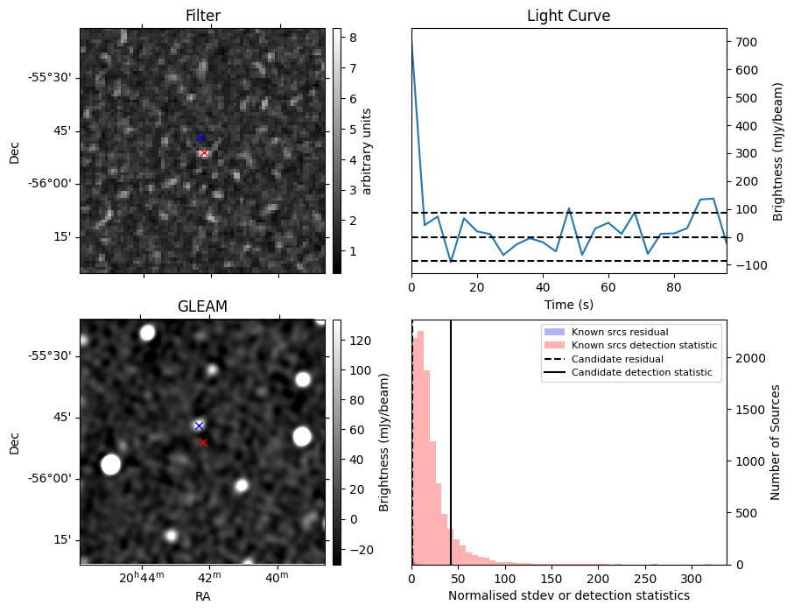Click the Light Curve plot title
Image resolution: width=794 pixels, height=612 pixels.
click(568, 16)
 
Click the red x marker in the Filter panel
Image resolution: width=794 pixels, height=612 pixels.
click(204, 153)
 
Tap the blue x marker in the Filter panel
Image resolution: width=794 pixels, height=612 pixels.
click(200, 137)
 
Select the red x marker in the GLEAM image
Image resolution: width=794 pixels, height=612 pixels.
click(203, 442)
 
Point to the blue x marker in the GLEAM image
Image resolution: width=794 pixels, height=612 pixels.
click(199, 426)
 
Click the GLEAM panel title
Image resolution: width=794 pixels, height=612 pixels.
click(202, 306)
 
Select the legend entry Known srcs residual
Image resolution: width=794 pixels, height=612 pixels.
click(620, 332)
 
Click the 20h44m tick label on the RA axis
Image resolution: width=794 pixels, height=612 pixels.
click(142, 578)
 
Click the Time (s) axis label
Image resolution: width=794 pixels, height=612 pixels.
click(568, 303)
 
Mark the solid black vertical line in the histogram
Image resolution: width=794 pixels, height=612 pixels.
click(451, 438)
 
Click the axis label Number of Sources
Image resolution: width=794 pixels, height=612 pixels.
click(776, 441)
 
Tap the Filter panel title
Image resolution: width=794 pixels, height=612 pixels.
click(202, 16)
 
